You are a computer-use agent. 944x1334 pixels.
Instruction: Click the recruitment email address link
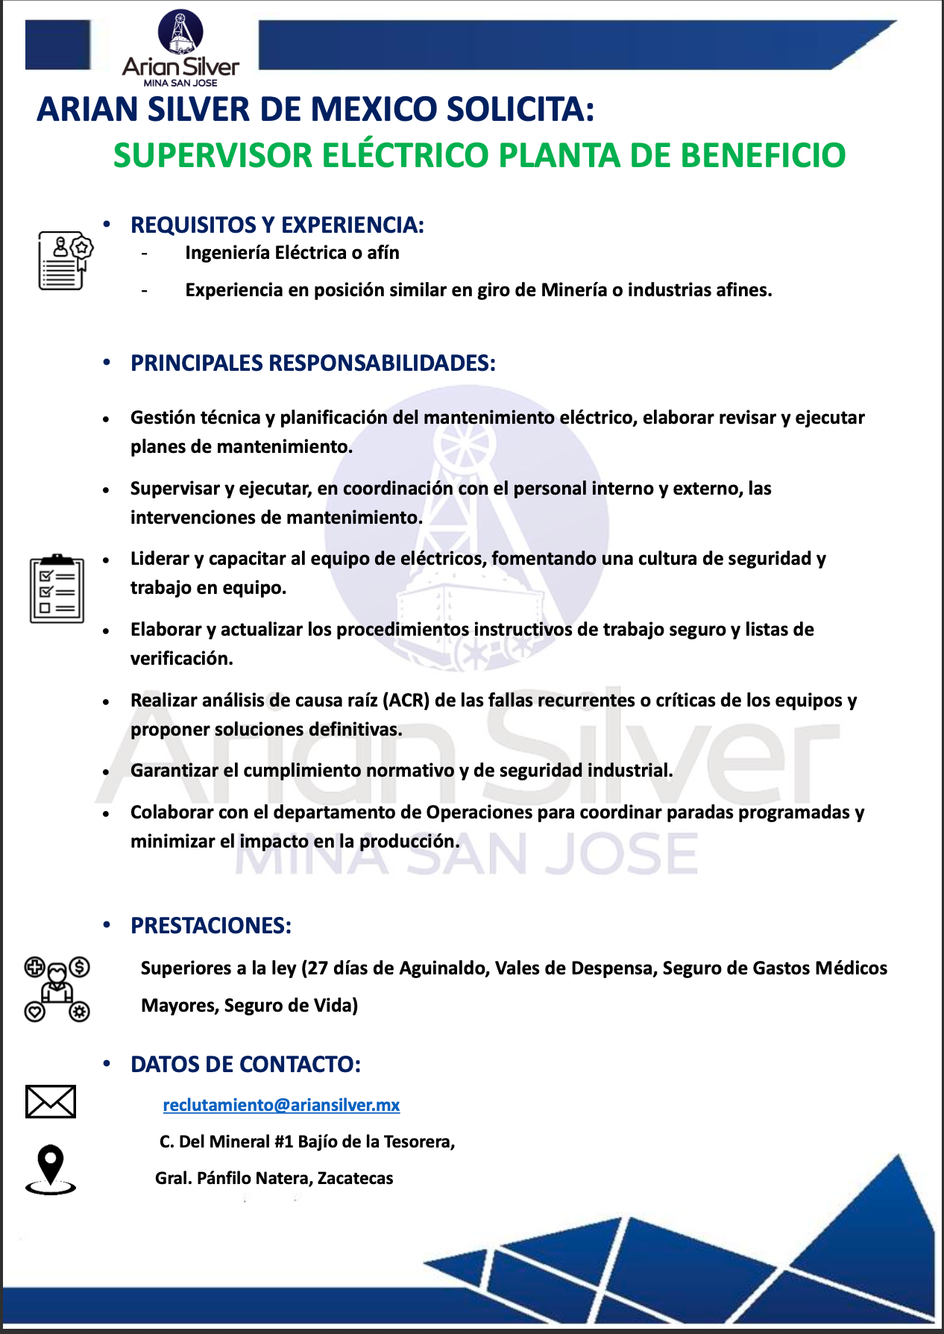[x=281, y=1105]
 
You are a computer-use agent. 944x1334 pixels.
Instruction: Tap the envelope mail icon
[x=51, y=1101]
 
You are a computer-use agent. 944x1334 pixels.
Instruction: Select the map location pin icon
[x=51, y=1168]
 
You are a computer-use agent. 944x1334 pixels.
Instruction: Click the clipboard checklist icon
[x=57, y=589]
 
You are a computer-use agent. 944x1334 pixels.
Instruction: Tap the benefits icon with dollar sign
[x=57, y=989]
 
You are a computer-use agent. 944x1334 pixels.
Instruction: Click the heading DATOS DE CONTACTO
[x=245, y=1064]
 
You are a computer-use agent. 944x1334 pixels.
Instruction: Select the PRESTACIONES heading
[x=210, y=925]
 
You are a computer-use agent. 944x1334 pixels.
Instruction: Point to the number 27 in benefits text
[x=318, y=968]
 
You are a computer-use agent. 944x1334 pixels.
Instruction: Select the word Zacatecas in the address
[x=355, y=1178]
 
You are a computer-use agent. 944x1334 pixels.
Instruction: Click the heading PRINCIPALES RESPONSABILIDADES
[x=312, y=363]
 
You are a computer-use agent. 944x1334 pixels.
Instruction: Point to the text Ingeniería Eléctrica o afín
[x=292, y=253]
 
